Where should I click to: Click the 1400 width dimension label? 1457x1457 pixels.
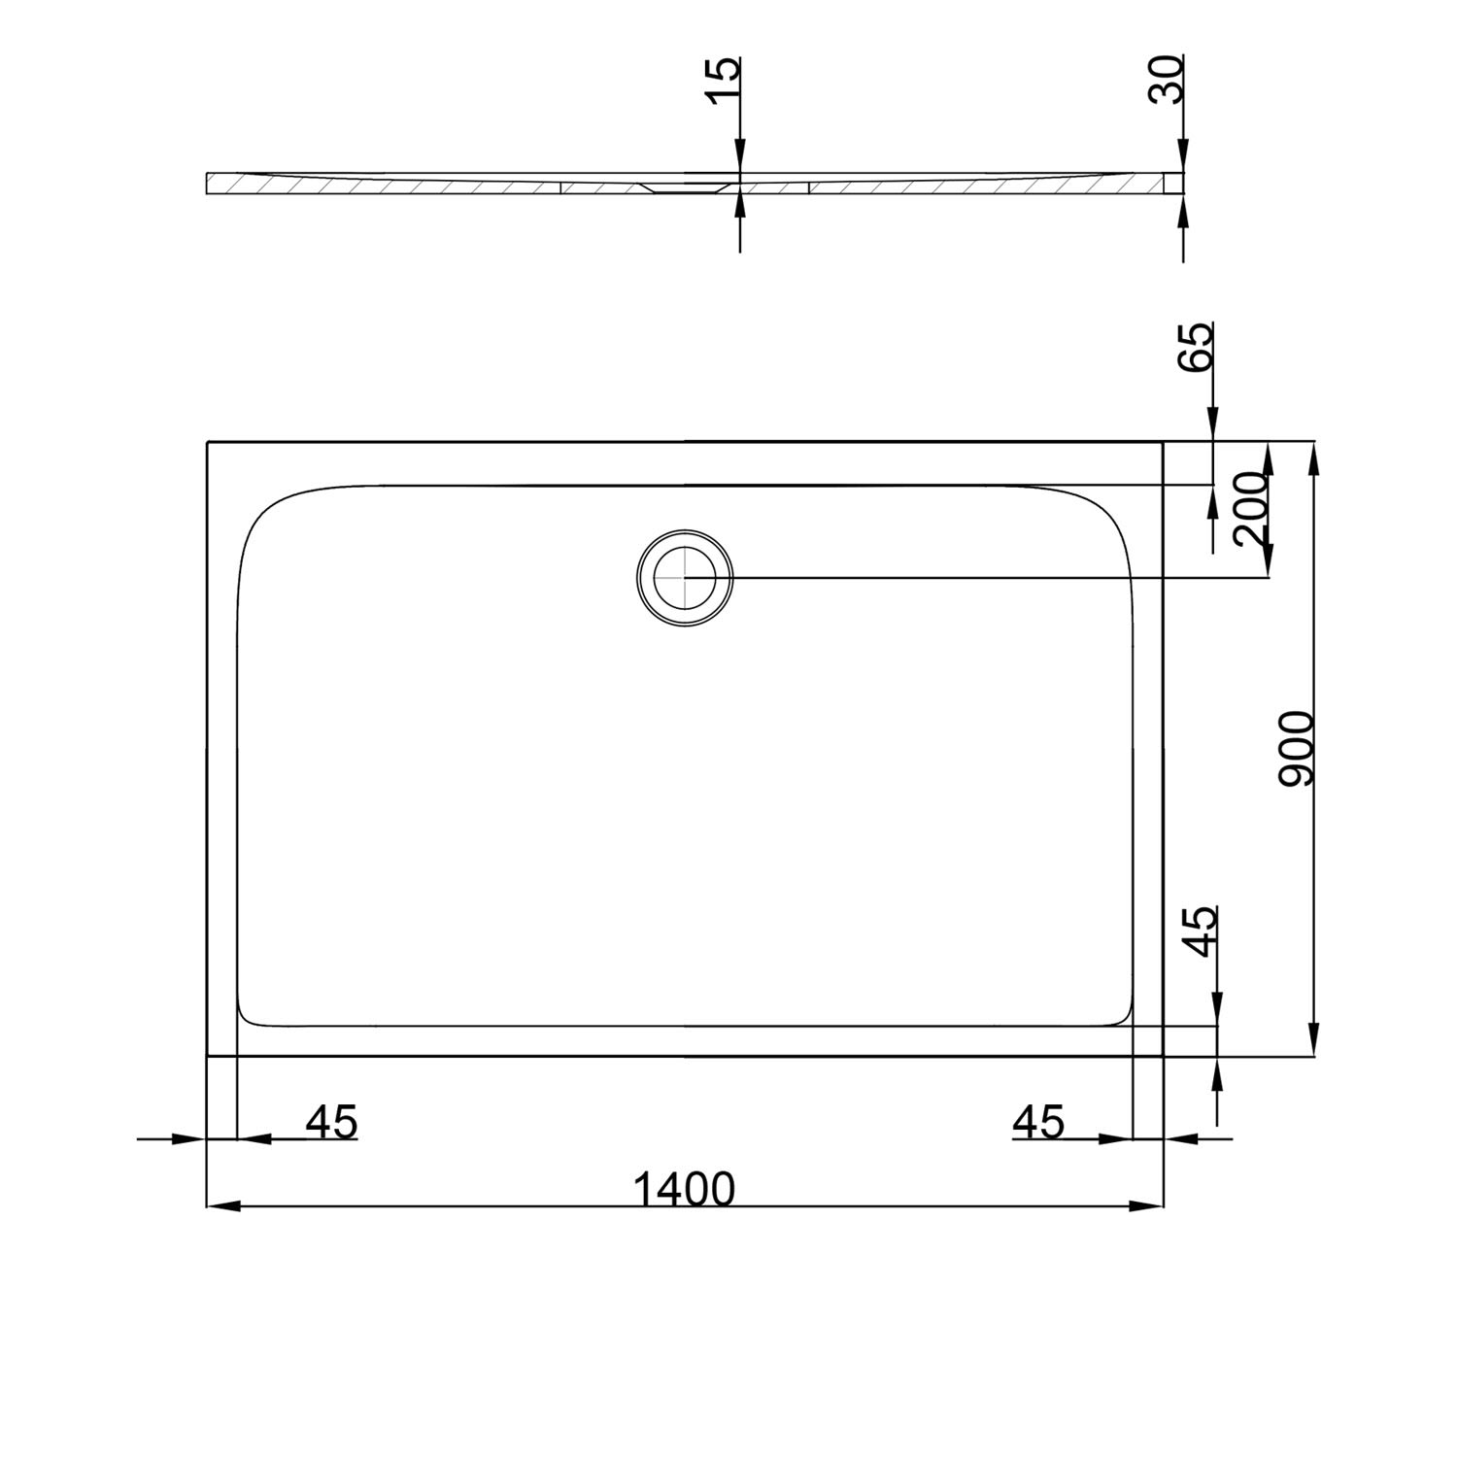[684, 1188]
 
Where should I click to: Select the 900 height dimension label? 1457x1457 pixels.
[1296, 748]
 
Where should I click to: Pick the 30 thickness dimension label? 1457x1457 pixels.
[1167, 79]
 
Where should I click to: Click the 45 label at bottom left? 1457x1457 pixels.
[332, 1122]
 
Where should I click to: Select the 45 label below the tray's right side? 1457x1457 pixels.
[1038, 1122]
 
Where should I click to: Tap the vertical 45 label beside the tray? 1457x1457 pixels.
[1203, 932]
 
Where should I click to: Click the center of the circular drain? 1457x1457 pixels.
[685, 577]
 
